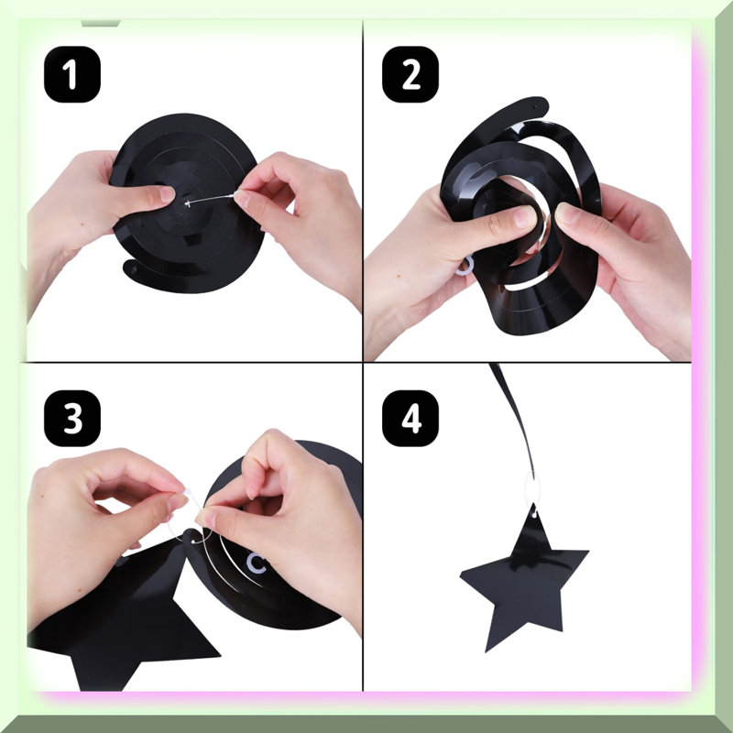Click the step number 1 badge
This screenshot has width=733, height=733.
coord(72,74)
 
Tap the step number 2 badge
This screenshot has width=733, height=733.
coord(410,74)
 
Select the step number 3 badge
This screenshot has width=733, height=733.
coord(72,419)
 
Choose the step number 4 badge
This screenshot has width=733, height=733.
coord(410,419)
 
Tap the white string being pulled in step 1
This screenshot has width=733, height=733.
coord(211,200)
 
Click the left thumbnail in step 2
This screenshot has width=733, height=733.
coord(524,216)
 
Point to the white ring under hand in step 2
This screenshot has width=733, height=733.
coord(465,267)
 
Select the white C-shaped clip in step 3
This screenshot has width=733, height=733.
coord(256,563)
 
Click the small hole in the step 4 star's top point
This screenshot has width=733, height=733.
coord(534,514)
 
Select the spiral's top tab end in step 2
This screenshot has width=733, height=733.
coord(538,105)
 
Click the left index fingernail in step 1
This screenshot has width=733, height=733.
coord(167,194)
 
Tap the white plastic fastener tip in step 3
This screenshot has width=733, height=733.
coord(188,493)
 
